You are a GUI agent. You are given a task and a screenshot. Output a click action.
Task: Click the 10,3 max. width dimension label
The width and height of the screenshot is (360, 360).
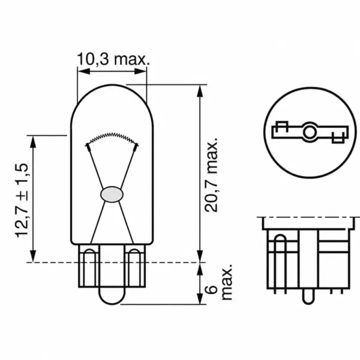click(x=113, y=59)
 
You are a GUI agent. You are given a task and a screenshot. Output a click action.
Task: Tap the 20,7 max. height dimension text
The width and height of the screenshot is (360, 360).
click(x=211, y=175)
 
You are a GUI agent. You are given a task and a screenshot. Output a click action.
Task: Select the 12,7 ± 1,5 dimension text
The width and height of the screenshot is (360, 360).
click(x=22, y=200)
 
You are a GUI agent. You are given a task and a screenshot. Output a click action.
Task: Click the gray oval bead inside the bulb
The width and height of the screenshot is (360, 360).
click(x=112, y=194)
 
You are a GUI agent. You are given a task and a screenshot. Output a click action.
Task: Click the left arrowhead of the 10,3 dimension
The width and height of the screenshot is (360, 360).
click(x=83, y=71)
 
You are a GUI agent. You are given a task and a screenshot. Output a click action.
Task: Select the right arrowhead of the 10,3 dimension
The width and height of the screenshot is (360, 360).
click(x=140, y=71)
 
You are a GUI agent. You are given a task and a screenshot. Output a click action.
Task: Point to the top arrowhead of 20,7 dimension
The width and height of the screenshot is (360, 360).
click(x=200, y=91)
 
